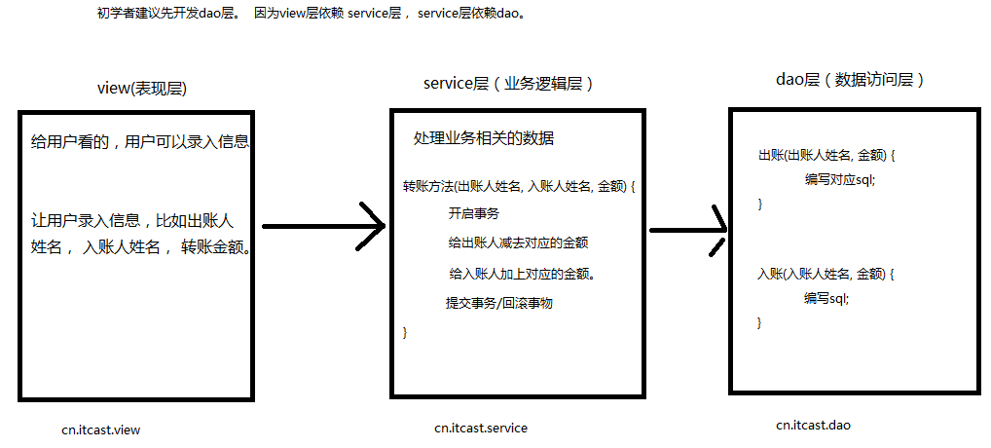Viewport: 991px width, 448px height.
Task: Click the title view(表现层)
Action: (142, 88)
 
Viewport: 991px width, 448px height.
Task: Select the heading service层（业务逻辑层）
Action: (508, 84)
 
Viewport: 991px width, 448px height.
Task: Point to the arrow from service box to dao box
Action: (687, 231)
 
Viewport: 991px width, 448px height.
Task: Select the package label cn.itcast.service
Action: (481, 428)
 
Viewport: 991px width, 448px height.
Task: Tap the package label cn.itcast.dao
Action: (814, 425)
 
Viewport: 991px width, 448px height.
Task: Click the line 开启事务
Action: (474, 214)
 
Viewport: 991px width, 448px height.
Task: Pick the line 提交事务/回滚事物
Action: (499, 303)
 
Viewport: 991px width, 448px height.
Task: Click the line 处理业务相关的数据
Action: (484, 138)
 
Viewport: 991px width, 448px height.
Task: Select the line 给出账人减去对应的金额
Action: (518, 243)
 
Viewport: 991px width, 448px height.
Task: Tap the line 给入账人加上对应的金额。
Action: (522, 274)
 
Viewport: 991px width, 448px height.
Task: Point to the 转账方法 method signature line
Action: (518, 185)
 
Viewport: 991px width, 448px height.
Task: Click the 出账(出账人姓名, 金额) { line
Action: (826, 156)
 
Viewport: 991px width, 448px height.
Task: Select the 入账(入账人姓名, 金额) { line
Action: (826, 275)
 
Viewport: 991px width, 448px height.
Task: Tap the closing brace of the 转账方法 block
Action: (406, 332)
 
